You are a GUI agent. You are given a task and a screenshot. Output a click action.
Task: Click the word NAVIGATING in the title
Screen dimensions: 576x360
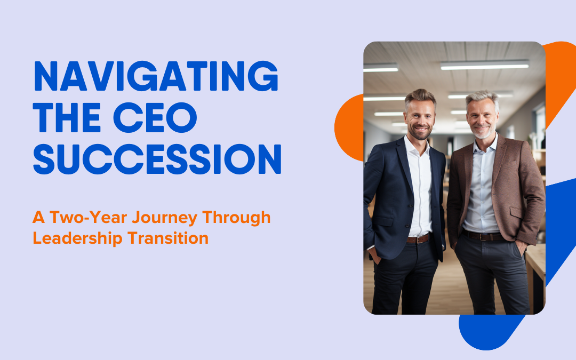(x=156, y=76)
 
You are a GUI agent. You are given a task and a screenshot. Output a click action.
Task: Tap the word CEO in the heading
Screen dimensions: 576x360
(x=155, y=117)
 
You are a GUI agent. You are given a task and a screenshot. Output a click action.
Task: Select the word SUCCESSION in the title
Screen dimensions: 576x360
(x=157, y=159)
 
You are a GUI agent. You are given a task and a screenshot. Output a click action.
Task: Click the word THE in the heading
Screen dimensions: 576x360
(x=67, y=117)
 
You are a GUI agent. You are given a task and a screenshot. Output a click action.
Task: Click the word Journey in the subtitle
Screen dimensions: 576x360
(x=165, y=218)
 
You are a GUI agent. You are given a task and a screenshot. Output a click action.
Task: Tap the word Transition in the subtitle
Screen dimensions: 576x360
(x=168, y=238)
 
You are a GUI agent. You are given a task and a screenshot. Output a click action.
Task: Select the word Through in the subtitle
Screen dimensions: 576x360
(x=236, y=218)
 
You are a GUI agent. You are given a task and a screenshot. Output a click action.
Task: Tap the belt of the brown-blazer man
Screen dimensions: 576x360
(x=483, y=236)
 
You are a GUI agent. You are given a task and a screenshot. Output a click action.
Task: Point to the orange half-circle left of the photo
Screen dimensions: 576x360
(x=349, y=127)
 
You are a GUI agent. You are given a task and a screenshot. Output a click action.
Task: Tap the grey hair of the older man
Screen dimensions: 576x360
(x=482, y=99)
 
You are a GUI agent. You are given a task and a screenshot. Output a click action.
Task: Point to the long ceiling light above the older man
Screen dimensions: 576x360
(x=484, y=65)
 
